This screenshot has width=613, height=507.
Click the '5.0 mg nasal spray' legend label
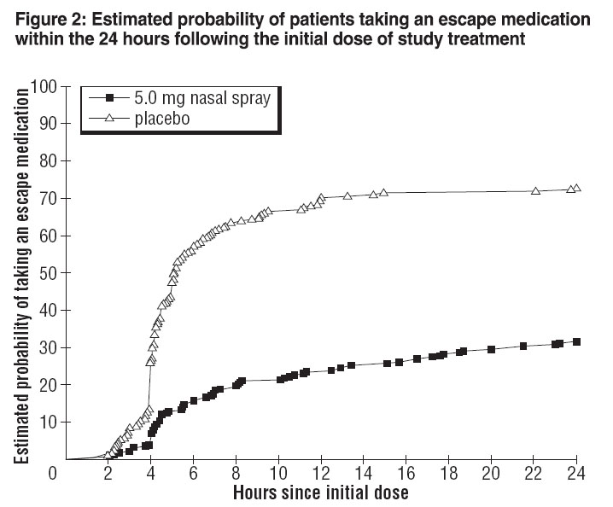click(203, 98)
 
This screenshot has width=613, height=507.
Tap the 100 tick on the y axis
click(43, 86)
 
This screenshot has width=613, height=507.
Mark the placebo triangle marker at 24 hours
click(576, 188)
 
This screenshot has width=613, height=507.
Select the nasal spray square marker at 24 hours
click(577, 342)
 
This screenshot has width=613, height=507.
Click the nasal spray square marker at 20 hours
click(492, 349)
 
